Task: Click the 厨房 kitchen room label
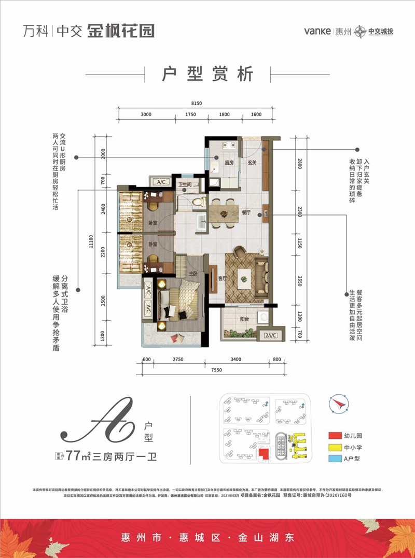point(229,162)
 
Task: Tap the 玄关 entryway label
point(252,162)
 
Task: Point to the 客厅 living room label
point(223,278)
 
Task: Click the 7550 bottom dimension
point(209,370)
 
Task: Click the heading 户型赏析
point(208,75)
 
